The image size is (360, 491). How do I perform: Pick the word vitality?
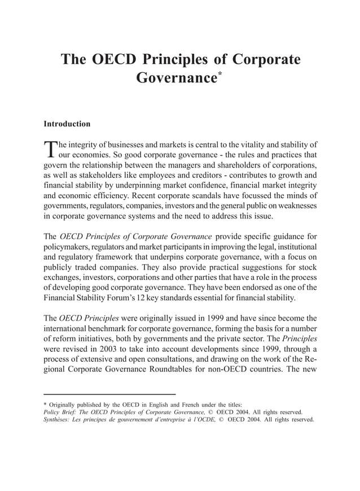238,144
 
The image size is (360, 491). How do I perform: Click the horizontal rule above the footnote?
110,393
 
